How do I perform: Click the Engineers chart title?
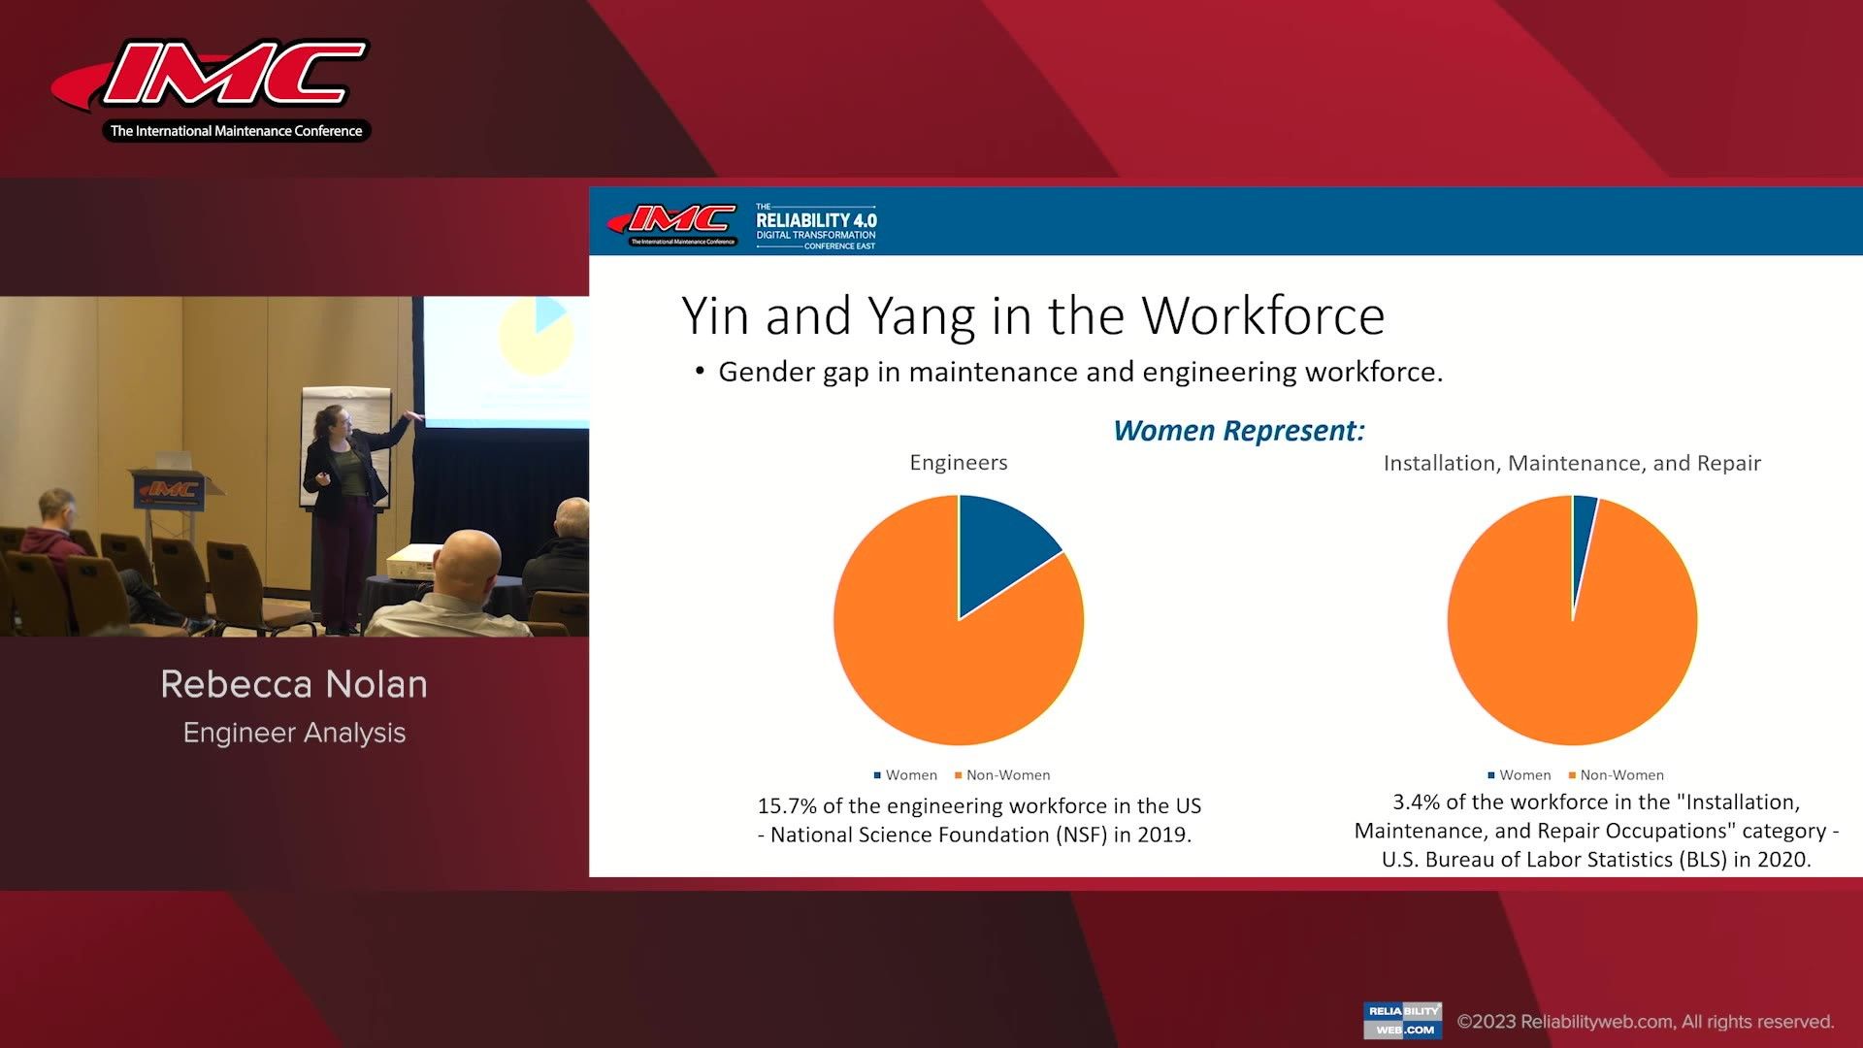pyautogui.click(x=958, y=463)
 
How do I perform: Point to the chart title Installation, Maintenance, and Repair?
pyautogui.click(x=1571, y=464)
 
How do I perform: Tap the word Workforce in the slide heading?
pyautogui.click(x=1262, y=316)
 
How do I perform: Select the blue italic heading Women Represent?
pyautogui.click(x=1238, y=431)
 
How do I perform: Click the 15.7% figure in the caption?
pyautogui.click(x=786, y=806)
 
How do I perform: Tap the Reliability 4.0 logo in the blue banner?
pyautogui.click(x=815, y=226)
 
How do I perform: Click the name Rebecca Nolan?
pyautogui.click(x=294, y=685)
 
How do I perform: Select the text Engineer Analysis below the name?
pyautogui.click(x=294, y=733)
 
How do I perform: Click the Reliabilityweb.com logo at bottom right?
pyautogui.click(x=1402, y=1020)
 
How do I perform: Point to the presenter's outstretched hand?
pyautogui.click(x=416, y=415)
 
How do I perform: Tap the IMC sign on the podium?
pyautogui.click(x=171, y=490)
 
